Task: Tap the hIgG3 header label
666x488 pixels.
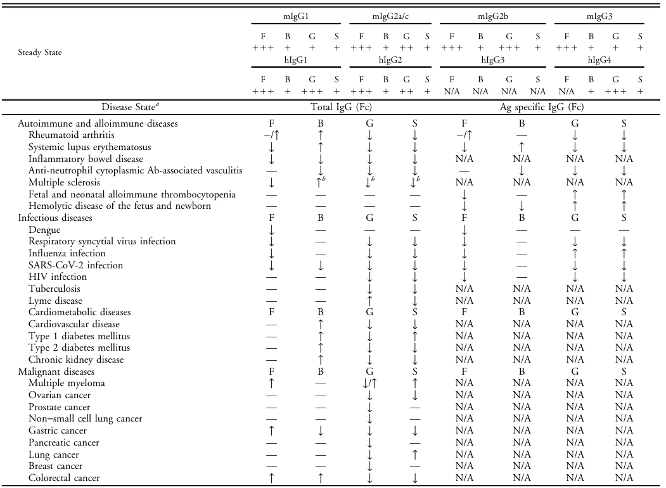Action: (494, 60)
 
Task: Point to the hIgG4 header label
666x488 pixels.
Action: (599, 60)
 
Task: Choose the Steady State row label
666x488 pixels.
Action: (41, 53)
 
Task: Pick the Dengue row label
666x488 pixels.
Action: (44, 230)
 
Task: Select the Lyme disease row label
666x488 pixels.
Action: (55, 301)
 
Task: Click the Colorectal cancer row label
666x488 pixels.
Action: (64, 478)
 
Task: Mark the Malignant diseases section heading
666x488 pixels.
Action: (57, 372)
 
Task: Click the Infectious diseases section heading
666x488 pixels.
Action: (55, 218)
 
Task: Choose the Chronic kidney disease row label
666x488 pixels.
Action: (76, 360)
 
